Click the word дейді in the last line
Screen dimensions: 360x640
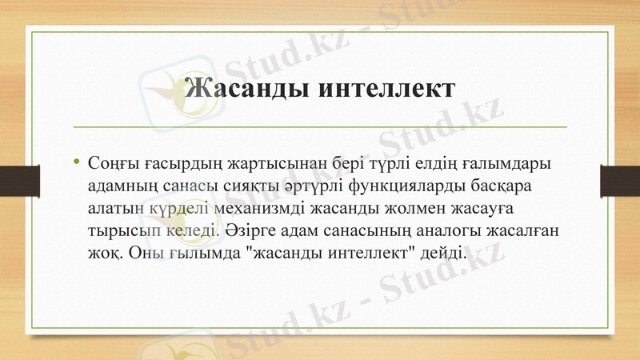coord(441,253)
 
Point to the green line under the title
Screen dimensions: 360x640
coord(320,127)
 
